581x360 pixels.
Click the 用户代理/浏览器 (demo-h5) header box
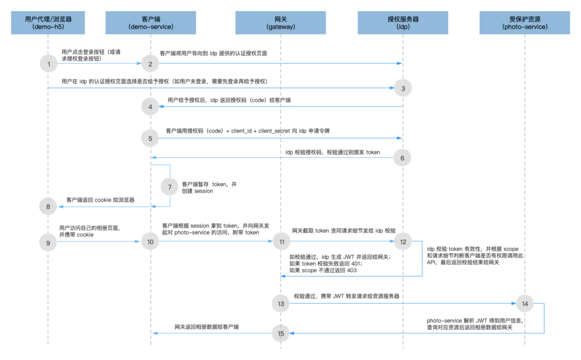click(x=48, y=23)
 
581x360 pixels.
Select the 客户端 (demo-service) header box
click(x=151, y=23)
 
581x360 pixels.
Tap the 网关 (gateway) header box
click(x=281, y=23)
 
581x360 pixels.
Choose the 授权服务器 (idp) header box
click(x=403, y=23)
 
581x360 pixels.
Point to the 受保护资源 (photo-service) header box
click(x=525, y=23)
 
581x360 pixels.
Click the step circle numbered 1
click(x=49, y=64)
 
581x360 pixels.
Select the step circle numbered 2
click(x=151, y=64)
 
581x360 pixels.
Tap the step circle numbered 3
click(x=403, y=88)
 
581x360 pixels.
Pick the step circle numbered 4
click(x=151, y=107)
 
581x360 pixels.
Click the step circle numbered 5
click(x=151, y=138)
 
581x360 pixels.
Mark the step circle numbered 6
click(x=402, y=158)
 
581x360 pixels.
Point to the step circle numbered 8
click(x=49, y=206)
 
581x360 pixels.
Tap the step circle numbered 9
click(x=49, y=242)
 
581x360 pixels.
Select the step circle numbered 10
click(x=151, y=242)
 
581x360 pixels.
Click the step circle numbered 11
click(x=282, y=242)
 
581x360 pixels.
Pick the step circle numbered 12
click(x=403, y=242)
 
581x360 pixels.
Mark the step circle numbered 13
click(x=281, y=304)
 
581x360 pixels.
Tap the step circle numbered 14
click(x=525, y=304)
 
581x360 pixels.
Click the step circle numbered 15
click(x=281, y=334)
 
